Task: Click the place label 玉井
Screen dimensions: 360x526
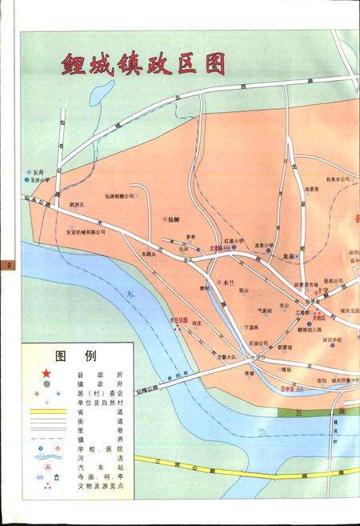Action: (x=38, y=172)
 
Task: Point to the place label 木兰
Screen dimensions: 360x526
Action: (x=229, y=283)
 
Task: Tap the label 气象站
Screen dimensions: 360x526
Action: (x=264, y=311)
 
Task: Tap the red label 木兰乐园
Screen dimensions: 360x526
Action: (x=177, y=319)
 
